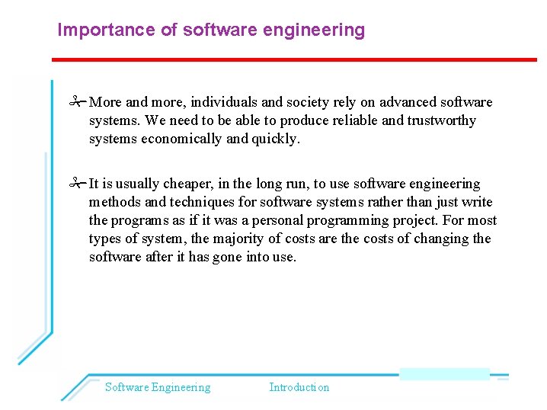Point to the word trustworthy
pyautogui.click(x=438, y=120)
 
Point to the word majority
pyautogui.click(x=237, y=239)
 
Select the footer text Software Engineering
pyautogui.click(x=158, y=387)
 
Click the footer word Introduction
pyautogui.click(x=299, y=387)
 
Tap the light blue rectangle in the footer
pyautogui.click(x=444, y=374)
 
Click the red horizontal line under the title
pyautogui.click(x=294, y=59)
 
